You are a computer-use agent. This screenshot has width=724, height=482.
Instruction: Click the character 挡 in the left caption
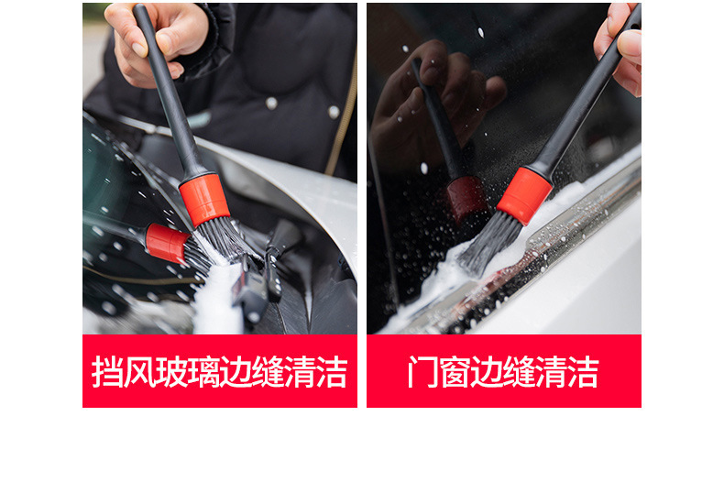click(107, 371)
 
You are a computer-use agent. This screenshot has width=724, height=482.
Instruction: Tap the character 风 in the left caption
click(139, 371)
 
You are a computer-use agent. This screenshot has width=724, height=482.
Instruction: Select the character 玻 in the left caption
click(171, 371)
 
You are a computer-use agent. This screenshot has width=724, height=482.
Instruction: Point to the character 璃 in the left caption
click(203, 371)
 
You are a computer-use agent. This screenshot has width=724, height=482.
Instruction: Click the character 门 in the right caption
click(423, 371)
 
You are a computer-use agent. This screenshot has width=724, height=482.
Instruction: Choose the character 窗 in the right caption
click(455, 371)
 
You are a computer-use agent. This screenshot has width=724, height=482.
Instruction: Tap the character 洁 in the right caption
click(583, 371)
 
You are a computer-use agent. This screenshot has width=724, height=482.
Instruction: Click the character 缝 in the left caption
click(268, 371)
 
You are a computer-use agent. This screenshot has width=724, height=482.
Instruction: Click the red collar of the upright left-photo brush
click(204, 200)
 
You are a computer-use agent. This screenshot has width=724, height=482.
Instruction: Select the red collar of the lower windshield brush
click(167, 244)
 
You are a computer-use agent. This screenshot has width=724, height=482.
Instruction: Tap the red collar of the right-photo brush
click(524, 196)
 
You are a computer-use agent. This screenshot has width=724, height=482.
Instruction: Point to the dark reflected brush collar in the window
click(466, 199)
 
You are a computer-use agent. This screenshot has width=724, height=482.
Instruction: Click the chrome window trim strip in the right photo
click(545, 258)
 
